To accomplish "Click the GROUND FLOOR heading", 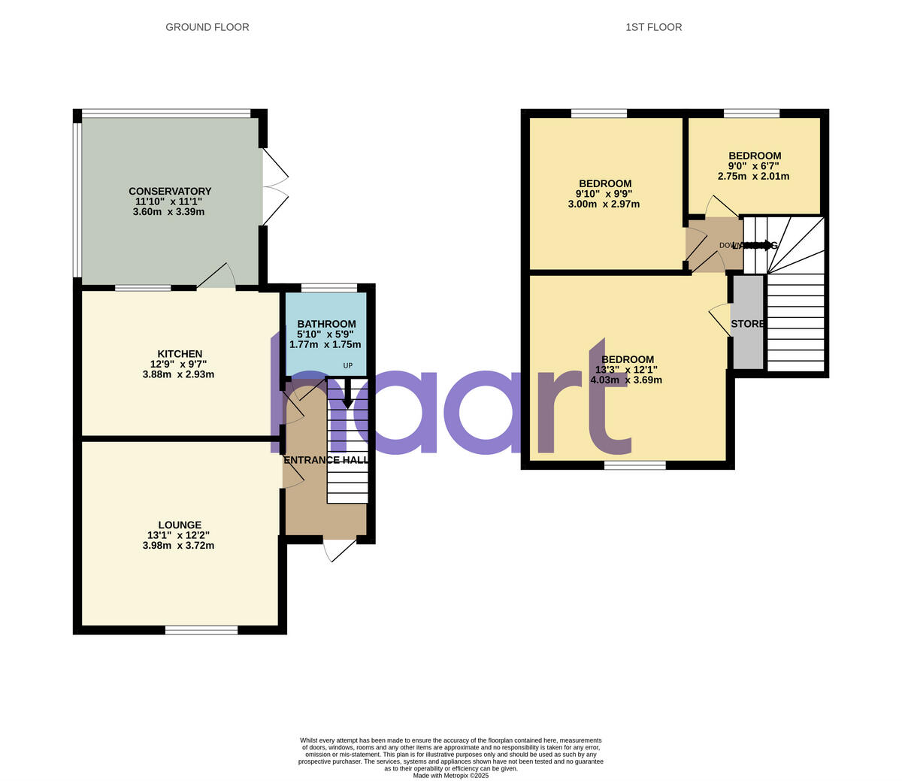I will pyautogui.click(x=207, y=27).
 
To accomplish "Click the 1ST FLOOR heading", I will pyautogui.click(x=653, y=27).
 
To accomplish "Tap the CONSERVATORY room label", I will pyautogui.click(x=170, y=191).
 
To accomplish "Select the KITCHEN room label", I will pyautogui.click(x=180, y=354).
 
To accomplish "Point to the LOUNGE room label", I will pyautogui.click(x=180, y=525).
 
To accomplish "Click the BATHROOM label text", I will pyautogui.click(x=326, y=324).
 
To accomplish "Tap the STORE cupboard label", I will pyautogui.click(x=747, y=324).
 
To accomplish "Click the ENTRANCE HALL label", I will pyautogui.click(x=325, y=460).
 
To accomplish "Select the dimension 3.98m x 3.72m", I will pyautogui.click(x=178, y=545).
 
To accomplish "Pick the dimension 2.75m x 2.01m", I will pyautogui.click(x=753, y=177).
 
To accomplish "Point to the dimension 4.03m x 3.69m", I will pyautogui.click(x=627, y=380).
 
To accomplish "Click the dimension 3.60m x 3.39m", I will pyautogui.click(x=168, y=212).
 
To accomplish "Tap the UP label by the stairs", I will pyautogui.click(x=348, y=366).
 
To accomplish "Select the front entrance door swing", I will pyautogui.click(x=338, y=550).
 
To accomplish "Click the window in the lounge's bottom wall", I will pyautogui.click(x=201, y=630).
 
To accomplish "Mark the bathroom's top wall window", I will pyautogui.click(x=329, y=287).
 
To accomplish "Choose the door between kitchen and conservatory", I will pyautogui.click(x=217, y=277).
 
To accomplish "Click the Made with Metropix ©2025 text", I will pyautogui.click(x=450, y=775).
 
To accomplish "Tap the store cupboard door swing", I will pyautogui.click(x=720, y=317).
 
